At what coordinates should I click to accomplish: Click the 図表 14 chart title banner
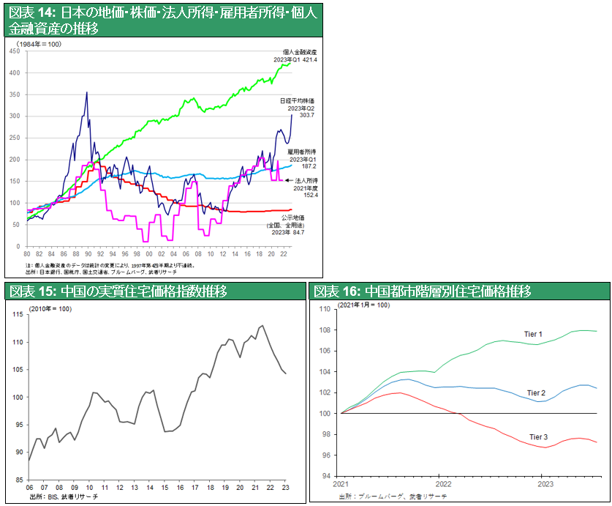point(162,21)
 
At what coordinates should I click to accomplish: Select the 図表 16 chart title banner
point(422,291)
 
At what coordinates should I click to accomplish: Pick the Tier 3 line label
point(538,437)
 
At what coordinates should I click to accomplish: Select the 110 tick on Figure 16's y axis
point(325,309)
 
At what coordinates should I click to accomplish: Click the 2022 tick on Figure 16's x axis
point(443,484)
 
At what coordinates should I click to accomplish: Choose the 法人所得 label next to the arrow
point(304,179)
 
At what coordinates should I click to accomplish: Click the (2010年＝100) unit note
point(50,310)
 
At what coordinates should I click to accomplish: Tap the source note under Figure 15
point(64,497)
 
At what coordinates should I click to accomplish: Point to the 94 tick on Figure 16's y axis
point(327,476)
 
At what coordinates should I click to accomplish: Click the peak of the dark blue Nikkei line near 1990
point(87,93)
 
